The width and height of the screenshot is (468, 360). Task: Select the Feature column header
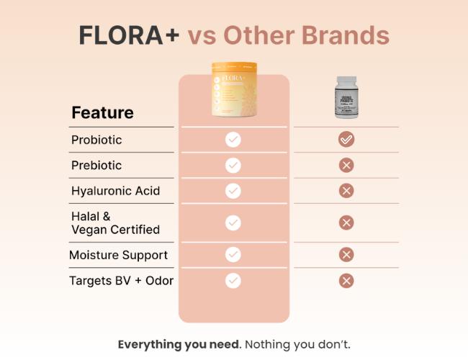click(102, 113)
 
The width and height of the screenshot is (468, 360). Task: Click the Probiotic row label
click(96, 140)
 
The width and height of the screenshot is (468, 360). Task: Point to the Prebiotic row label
click(96, 166)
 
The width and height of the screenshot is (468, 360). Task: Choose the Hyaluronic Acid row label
click(115, 192)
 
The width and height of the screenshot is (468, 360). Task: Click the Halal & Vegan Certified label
click(115, 223)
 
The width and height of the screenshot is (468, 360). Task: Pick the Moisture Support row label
click(118, 255)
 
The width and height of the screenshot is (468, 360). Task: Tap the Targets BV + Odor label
click(121, 281)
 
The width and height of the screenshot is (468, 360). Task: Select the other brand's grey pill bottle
click(346, 96)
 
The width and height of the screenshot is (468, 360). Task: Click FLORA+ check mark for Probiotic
click(233, 140)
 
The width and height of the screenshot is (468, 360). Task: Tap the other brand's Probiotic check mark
click(346, 140)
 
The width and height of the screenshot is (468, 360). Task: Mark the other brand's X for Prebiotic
click(346, 166)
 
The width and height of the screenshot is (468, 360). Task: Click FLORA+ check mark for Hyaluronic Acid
click(233, 191)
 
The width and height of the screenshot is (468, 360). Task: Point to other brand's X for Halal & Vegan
click(346, 222)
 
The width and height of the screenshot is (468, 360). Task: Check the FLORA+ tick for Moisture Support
click(233, 254)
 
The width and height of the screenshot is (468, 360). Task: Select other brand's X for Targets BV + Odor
click(346, 281)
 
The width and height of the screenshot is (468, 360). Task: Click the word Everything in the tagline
click(147, 344)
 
